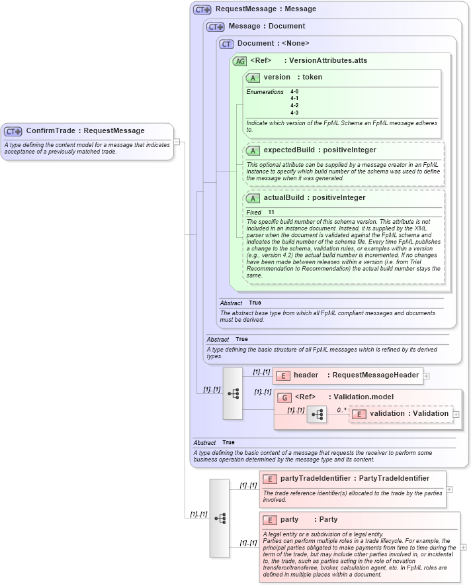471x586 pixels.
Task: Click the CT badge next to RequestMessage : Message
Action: tap(202, 9)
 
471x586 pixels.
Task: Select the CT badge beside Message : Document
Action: tap(215, 26)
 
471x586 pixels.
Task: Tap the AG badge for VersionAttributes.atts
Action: tap(239, 61)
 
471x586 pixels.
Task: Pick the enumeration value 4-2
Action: tap(294, 105)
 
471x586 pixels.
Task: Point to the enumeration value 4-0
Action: tap(294, 91)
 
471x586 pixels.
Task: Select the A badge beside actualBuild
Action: tap(252, 198)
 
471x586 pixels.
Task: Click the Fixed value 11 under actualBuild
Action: tap(271, 212)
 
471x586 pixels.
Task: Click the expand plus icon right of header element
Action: tap(427, 375)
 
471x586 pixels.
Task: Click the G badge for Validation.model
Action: tap(284, 397)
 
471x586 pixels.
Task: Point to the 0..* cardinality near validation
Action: tap(341, 409)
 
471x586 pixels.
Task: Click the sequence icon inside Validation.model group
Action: tap(317, 415)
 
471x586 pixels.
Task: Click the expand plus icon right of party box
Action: tap(463, 547)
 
